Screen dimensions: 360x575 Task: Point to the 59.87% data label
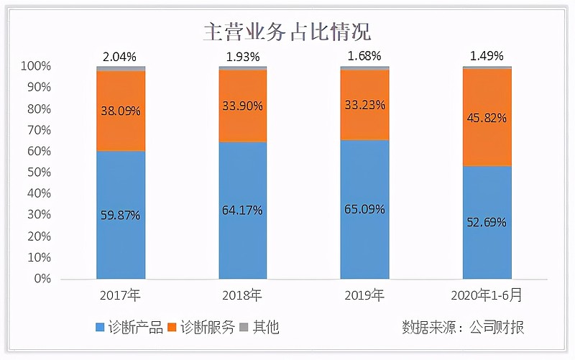[x=121, y=215]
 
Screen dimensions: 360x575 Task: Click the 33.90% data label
[x=243, y=106]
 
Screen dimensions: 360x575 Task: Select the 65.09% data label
[x=364, y=210]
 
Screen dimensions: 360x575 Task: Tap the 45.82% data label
[x=487, y=118]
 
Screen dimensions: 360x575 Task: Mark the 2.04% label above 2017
[x=120, y=55]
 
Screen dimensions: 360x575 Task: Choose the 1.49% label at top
[x=487, y=55]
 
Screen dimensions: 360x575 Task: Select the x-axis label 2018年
[x=242, y=295]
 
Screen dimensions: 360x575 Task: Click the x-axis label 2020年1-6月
[x=487, y=295]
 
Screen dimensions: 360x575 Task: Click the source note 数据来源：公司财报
[x=463, y=328]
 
